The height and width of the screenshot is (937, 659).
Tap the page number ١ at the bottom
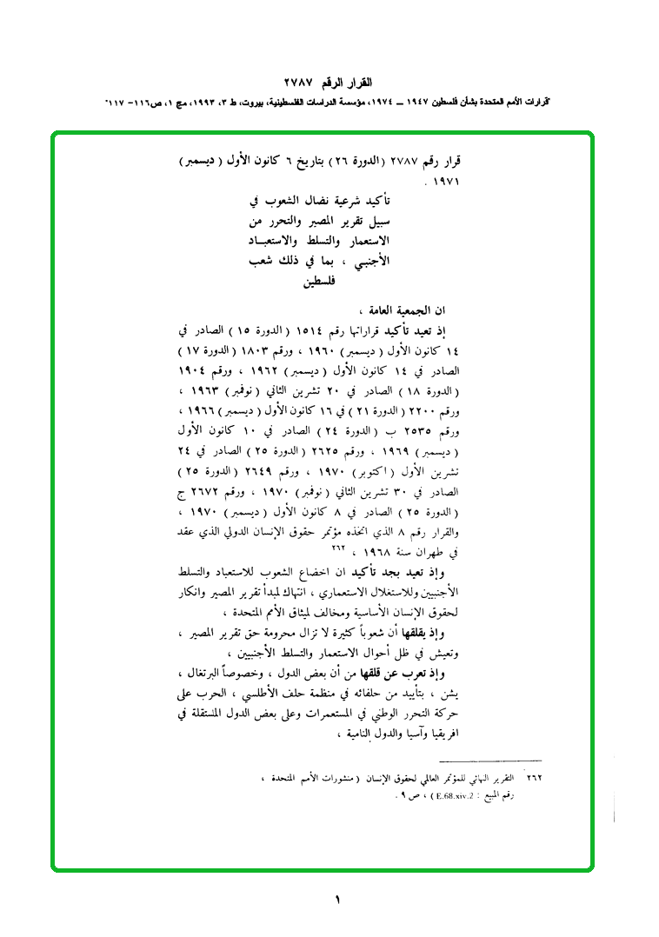[x=337, y=900]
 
